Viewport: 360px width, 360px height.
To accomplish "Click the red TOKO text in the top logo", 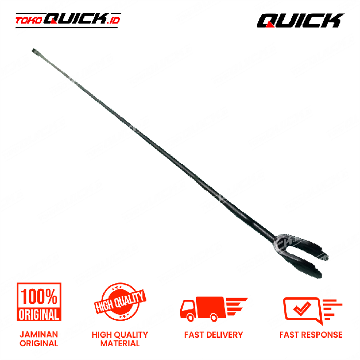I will point(28,21).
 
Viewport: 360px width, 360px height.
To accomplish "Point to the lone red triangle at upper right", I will point(270,24).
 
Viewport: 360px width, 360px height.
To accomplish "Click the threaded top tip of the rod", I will point(34,51).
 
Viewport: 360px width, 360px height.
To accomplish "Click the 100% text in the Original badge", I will point(39,296).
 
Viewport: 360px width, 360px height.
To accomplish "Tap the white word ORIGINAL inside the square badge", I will point(39,313).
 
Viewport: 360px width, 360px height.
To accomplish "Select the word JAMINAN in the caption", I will point(39,334).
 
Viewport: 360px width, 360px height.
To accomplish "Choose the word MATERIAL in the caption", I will point(120,344).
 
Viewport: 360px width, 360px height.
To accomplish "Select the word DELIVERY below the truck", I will point(224,335).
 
